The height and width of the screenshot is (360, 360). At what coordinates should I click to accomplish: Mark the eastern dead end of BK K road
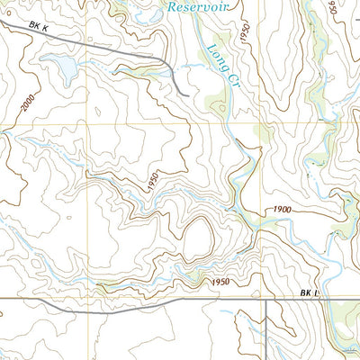[185, 93]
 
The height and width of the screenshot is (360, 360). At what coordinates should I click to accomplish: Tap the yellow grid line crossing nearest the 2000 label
[88, 123]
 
